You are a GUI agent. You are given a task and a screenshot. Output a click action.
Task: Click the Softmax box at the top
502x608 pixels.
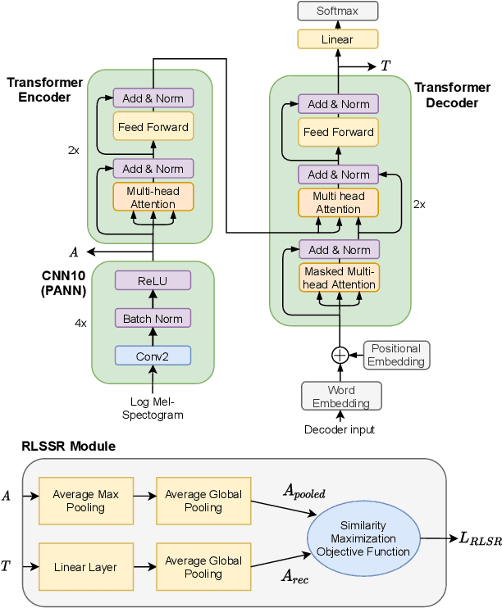pos(337,11)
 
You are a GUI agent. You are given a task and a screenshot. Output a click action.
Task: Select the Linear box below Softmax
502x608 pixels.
pos(337,39)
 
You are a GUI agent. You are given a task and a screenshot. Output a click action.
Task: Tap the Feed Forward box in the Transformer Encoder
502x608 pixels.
pos(153,127)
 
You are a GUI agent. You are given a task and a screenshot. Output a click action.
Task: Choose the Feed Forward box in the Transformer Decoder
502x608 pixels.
pos(338,132)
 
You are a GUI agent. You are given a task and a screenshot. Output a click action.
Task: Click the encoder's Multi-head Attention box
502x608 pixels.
pos(153,197)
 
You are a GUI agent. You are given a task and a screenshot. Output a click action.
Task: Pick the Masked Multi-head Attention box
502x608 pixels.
pos(339,278)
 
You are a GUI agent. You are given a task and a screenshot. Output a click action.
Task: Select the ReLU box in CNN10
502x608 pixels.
pos(153,280)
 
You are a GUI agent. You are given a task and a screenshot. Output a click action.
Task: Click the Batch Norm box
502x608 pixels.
pos(153,318)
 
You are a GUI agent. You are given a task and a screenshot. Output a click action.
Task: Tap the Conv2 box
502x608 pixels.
pos(153,355)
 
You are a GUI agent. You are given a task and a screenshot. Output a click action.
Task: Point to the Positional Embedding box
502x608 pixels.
pos(396,355)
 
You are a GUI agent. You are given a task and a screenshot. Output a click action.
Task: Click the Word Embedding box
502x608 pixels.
pos(340,396)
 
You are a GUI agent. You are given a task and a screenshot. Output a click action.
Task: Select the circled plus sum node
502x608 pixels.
pos(340,355)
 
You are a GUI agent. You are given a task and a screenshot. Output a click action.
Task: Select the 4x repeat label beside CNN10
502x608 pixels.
pos(80,324)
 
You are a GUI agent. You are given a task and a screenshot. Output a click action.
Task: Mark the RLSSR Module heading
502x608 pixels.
pos(69,446)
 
